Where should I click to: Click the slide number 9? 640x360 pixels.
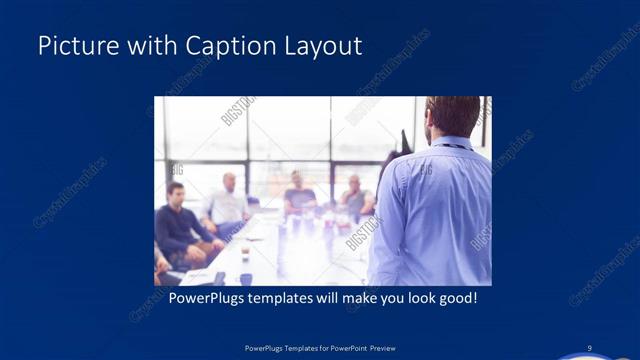[590, 347]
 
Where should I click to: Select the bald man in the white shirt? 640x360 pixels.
[229, 200]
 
